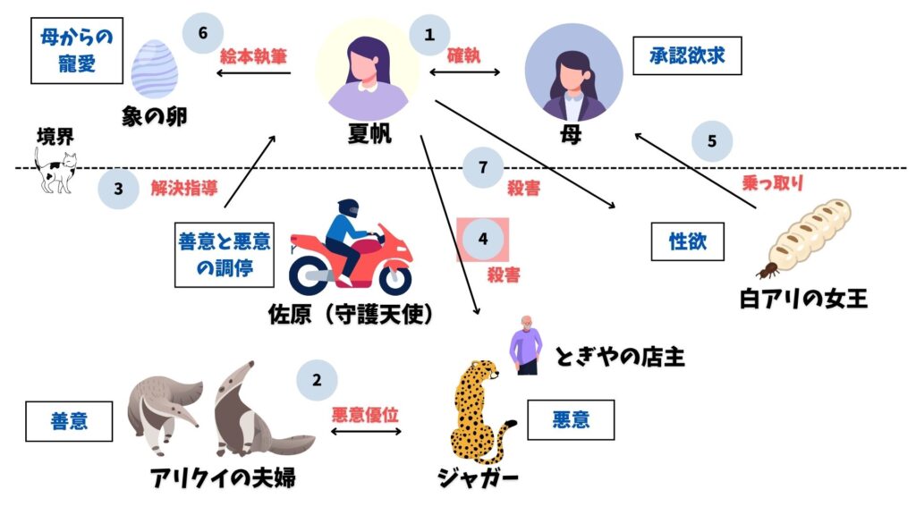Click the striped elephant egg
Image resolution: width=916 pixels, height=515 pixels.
point(155,69)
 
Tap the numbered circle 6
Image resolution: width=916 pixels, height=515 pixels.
point(203,33)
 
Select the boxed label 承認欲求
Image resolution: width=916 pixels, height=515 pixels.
point(687,55)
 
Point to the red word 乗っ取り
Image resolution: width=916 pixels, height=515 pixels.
point(772,182)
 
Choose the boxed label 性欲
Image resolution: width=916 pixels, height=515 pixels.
point(688,241)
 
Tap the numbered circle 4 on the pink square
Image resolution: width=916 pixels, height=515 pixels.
point(482,239)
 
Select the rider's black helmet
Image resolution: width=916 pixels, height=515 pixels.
point(348,208)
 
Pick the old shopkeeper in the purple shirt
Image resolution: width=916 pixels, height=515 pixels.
point(526,345)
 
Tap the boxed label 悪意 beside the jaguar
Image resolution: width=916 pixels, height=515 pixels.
point(571,420)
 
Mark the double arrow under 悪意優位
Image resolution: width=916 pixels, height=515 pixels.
point(366,432)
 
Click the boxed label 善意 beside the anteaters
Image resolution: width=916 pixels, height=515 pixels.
point(69,421)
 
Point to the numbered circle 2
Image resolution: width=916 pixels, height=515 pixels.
point(317,380)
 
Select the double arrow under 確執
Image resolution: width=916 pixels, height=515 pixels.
point(464,72)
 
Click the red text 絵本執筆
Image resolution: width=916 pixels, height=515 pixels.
point(253,56)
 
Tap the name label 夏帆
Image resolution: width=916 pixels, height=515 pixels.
point(369,134)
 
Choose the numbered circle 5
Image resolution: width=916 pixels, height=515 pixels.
point(711,141)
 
